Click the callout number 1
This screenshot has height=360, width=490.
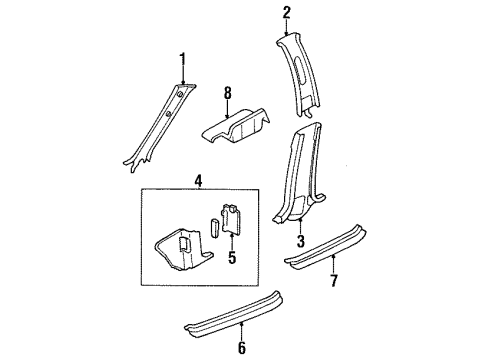(x=182, y=60)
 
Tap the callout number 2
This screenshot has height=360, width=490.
(x=287, y=12)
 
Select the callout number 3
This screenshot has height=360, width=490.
(x=301, y=241)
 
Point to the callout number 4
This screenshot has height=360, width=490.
(x=198, y=181)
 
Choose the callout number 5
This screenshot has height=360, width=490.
(x=232, y=257)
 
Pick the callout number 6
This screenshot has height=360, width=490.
(x=242, y=348)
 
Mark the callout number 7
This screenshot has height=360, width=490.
(x=334, y=280)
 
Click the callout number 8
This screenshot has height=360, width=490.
(x=227, y=93)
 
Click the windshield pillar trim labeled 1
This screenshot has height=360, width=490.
(x=160, y=128)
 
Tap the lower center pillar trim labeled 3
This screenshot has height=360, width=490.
(x=297, y=173)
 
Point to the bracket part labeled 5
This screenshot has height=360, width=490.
(x=231, y=218)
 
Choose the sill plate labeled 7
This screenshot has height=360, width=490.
(x=325, y=246)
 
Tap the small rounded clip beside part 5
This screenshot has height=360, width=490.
(x=214, y=227)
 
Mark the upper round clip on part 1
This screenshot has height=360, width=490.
(x=180, y=95)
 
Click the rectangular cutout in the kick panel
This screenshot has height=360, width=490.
(x=184, y=244)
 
